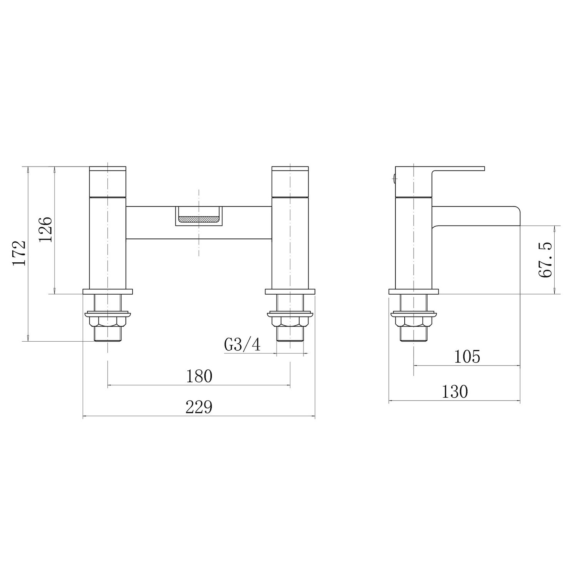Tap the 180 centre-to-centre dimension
(199, 376)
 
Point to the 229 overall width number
(199, 407)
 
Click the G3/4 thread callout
(242, 345)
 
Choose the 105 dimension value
(467, 357)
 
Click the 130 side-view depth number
(455, 392)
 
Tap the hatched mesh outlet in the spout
(199, 219)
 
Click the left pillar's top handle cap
(108, 182)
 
